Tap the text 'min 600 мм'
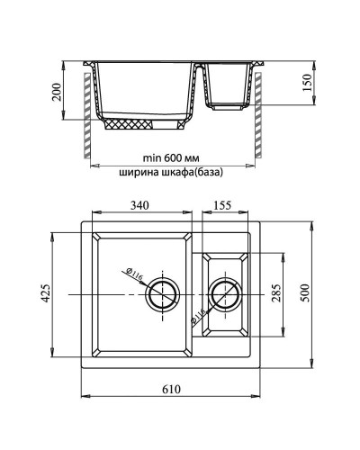(x=172, y=155)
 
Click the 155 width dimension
(x=223, y=206)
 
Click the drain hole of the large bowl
(x=164, y=293)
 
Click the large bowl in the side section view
(x=144, y=90)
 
